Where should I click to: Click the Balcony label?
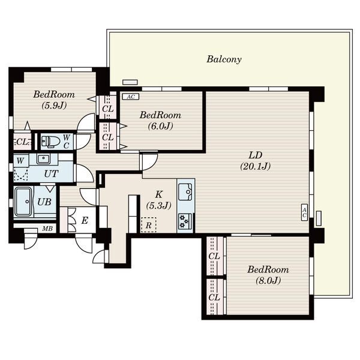click(x=224, y=59)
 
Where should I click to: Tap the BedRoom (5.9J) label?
click(x=54, y=100)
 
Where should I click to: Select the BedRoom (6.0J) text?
click(x=160, y=121)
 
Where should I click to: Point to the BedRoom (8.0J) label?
click(x=268, y=275)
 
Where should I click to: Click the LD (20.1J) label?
click(x=256, y=161)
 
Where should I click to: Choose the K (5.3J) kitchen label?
click(x=158, y=200)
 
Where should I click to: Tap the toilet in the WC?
click(x=50, y=141)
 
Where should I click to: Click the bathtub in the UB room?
click(x=23, y=202)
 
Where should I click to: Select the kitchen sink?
click(x=185, y=192)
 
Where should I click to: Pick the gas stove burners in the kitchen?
click(x=185, y=221)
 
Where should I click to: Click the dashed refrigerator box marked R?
click(x=149, y=225)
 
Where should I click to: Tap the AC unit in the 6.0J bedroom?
click(x=131, y=97)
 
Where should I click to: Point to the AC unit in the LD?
click(x=304, y=212)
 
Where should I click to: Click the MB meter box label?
click(x=48, y=229)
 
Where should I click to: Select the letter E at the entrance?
click(x=85, y=221)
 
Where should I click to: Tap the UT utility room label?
click(x=51, y=174)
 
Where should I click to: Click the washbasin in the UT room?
click(x=43, y=159)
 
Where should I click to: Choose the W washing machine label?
click(x=20, y=161)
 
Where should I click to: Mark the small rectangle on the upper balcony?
click(x=130, y=82)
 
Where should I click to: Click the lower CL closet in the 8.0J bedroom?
click(x=214, y=297)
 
